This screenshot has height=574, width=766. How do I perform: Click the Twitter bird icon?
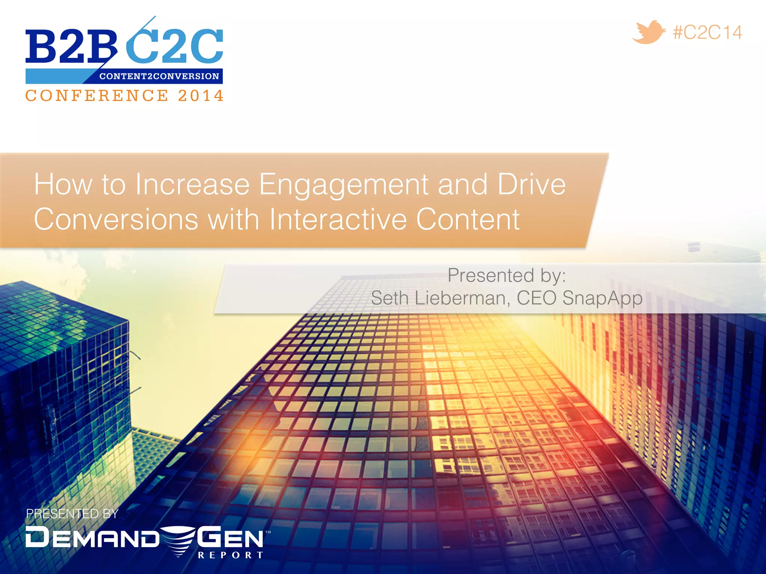(648, 33)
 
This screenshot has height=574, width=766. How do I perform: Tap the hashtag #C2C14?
(707, 33)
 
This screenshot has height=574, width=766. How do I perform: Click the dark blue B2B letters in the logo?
(71, 47)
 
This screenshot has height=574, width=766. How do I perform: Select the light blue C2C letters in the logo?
(175, 47)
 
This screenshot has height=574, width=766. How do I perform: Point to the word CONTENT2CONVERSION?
(159, 76)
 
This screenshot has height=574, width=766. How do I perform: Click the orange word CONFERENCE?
(97, 96)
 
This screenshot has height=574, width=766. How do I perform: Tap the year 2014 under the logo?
(201, 96)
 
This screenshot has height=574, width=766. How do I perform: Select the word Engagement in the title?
(344, 185)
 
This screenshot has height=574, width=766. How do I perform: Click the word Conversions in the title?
(116, 219)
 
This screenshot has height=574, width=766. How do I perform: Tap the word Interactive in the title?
(338, 219)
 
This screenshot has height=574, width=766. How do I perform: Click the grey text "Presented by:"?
(507, 276)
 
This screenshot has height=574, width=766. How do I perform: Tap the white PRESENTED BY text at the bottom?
(72, 514)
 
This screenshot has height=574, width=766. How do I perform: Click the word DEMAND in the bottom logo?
(92, 537)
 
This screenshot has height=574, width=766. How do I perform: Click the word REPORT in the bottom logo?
(230, 555)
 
